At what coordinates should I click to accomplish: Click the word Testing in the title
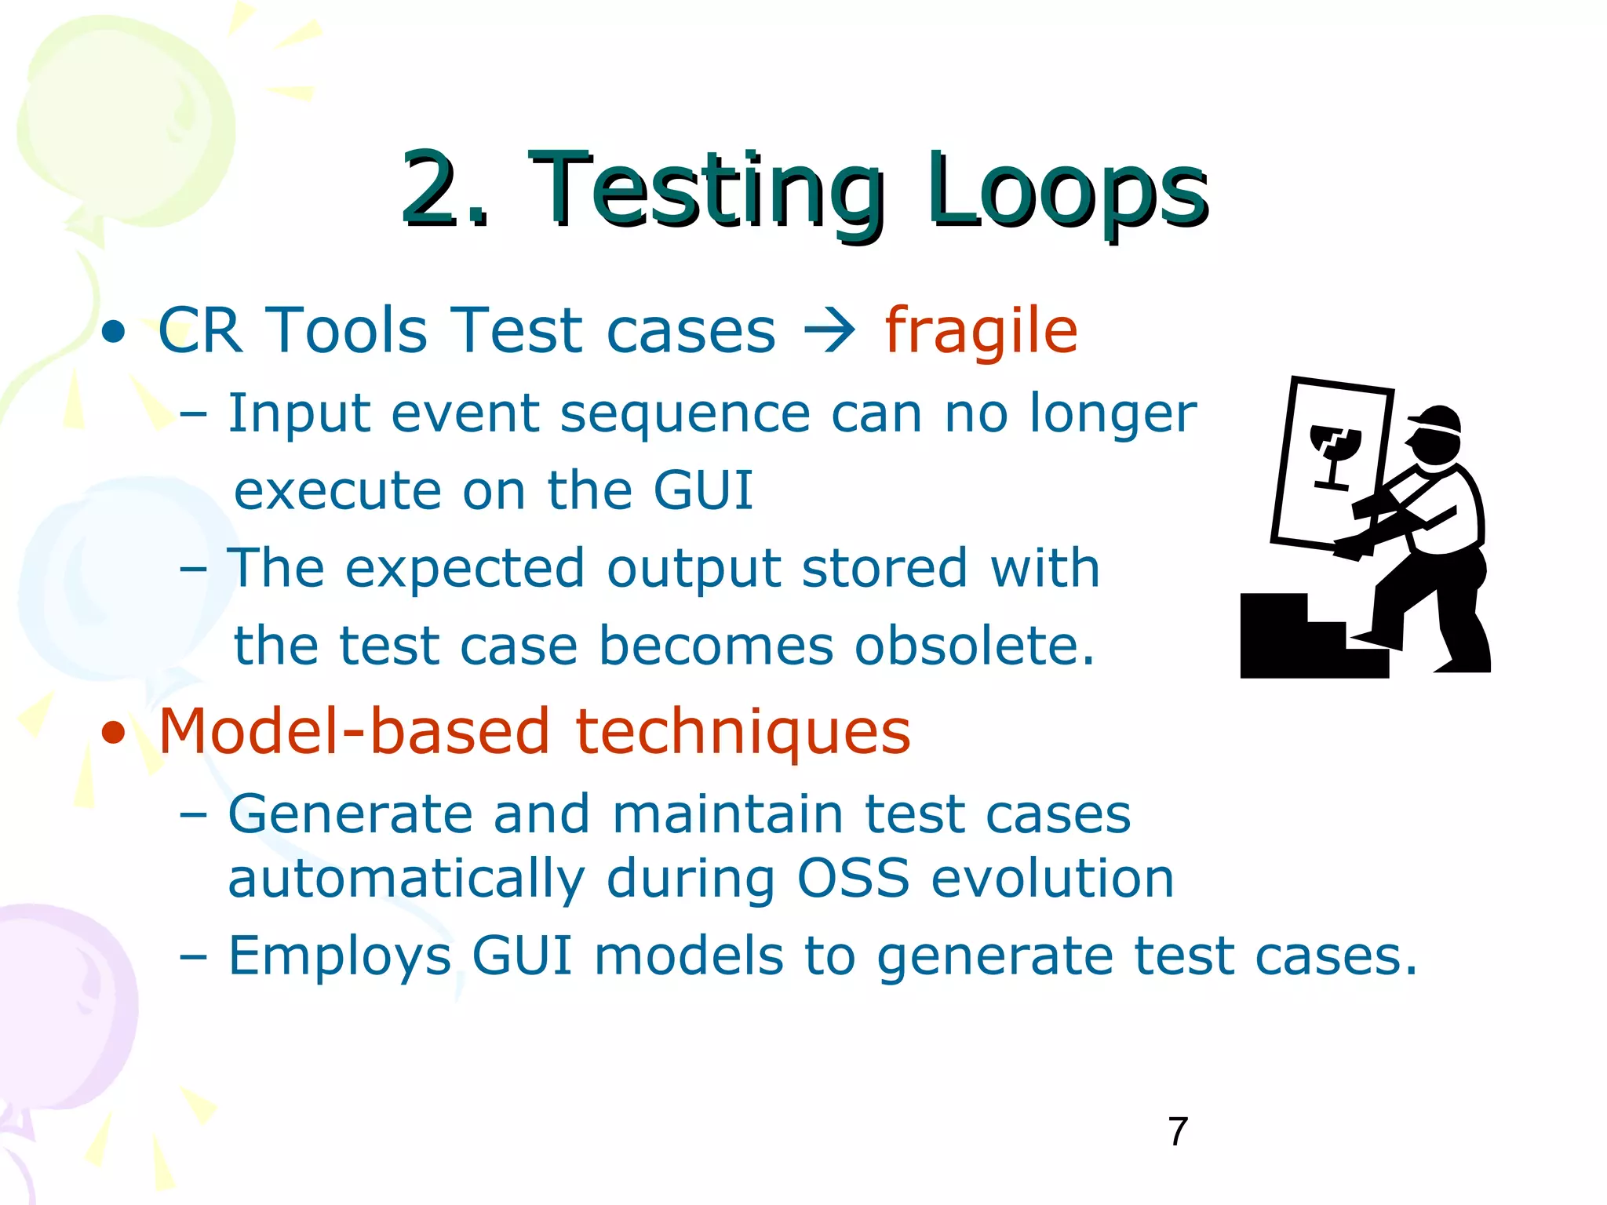706,191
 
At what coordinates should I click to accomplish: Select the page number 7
1178,1132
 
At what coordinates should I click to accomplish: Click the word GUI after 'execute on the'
702,490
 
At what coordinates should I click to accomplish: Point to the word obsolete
973,646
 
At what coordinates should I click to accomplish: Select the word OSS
853,878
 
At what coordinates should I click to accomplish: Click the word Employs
340,957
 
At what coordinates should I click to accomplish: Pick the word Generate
350,814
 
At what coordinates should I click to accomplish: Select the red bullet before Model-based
114,734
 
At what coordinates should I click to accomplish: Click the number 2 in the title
434,191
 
